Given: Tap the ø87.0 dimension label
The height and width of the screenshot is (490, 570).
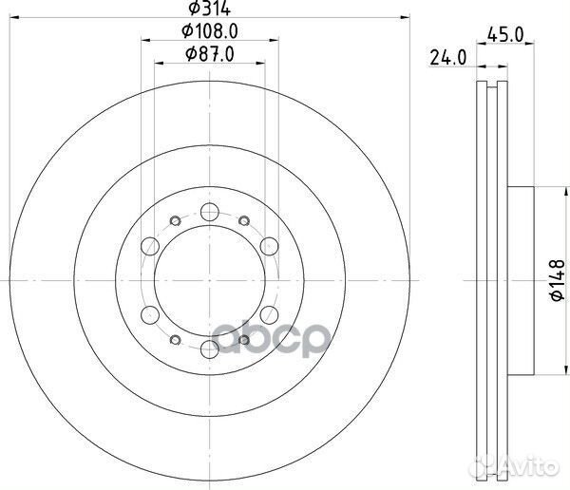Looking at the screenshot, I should [x=210, y=55].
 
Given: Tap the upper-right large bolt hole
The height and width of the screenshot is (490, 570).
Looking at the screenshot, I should [x=269, y=248].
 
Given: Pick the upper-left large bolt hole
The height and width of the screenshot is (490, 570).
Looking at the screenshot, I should [x=150, y=248].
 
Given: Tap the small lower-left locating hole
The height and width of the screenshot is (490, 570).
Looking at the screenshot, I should [x=175, y=341].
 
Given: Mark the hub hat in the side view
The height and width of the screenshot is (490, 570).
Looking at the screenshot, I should [x=522, y=281].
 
